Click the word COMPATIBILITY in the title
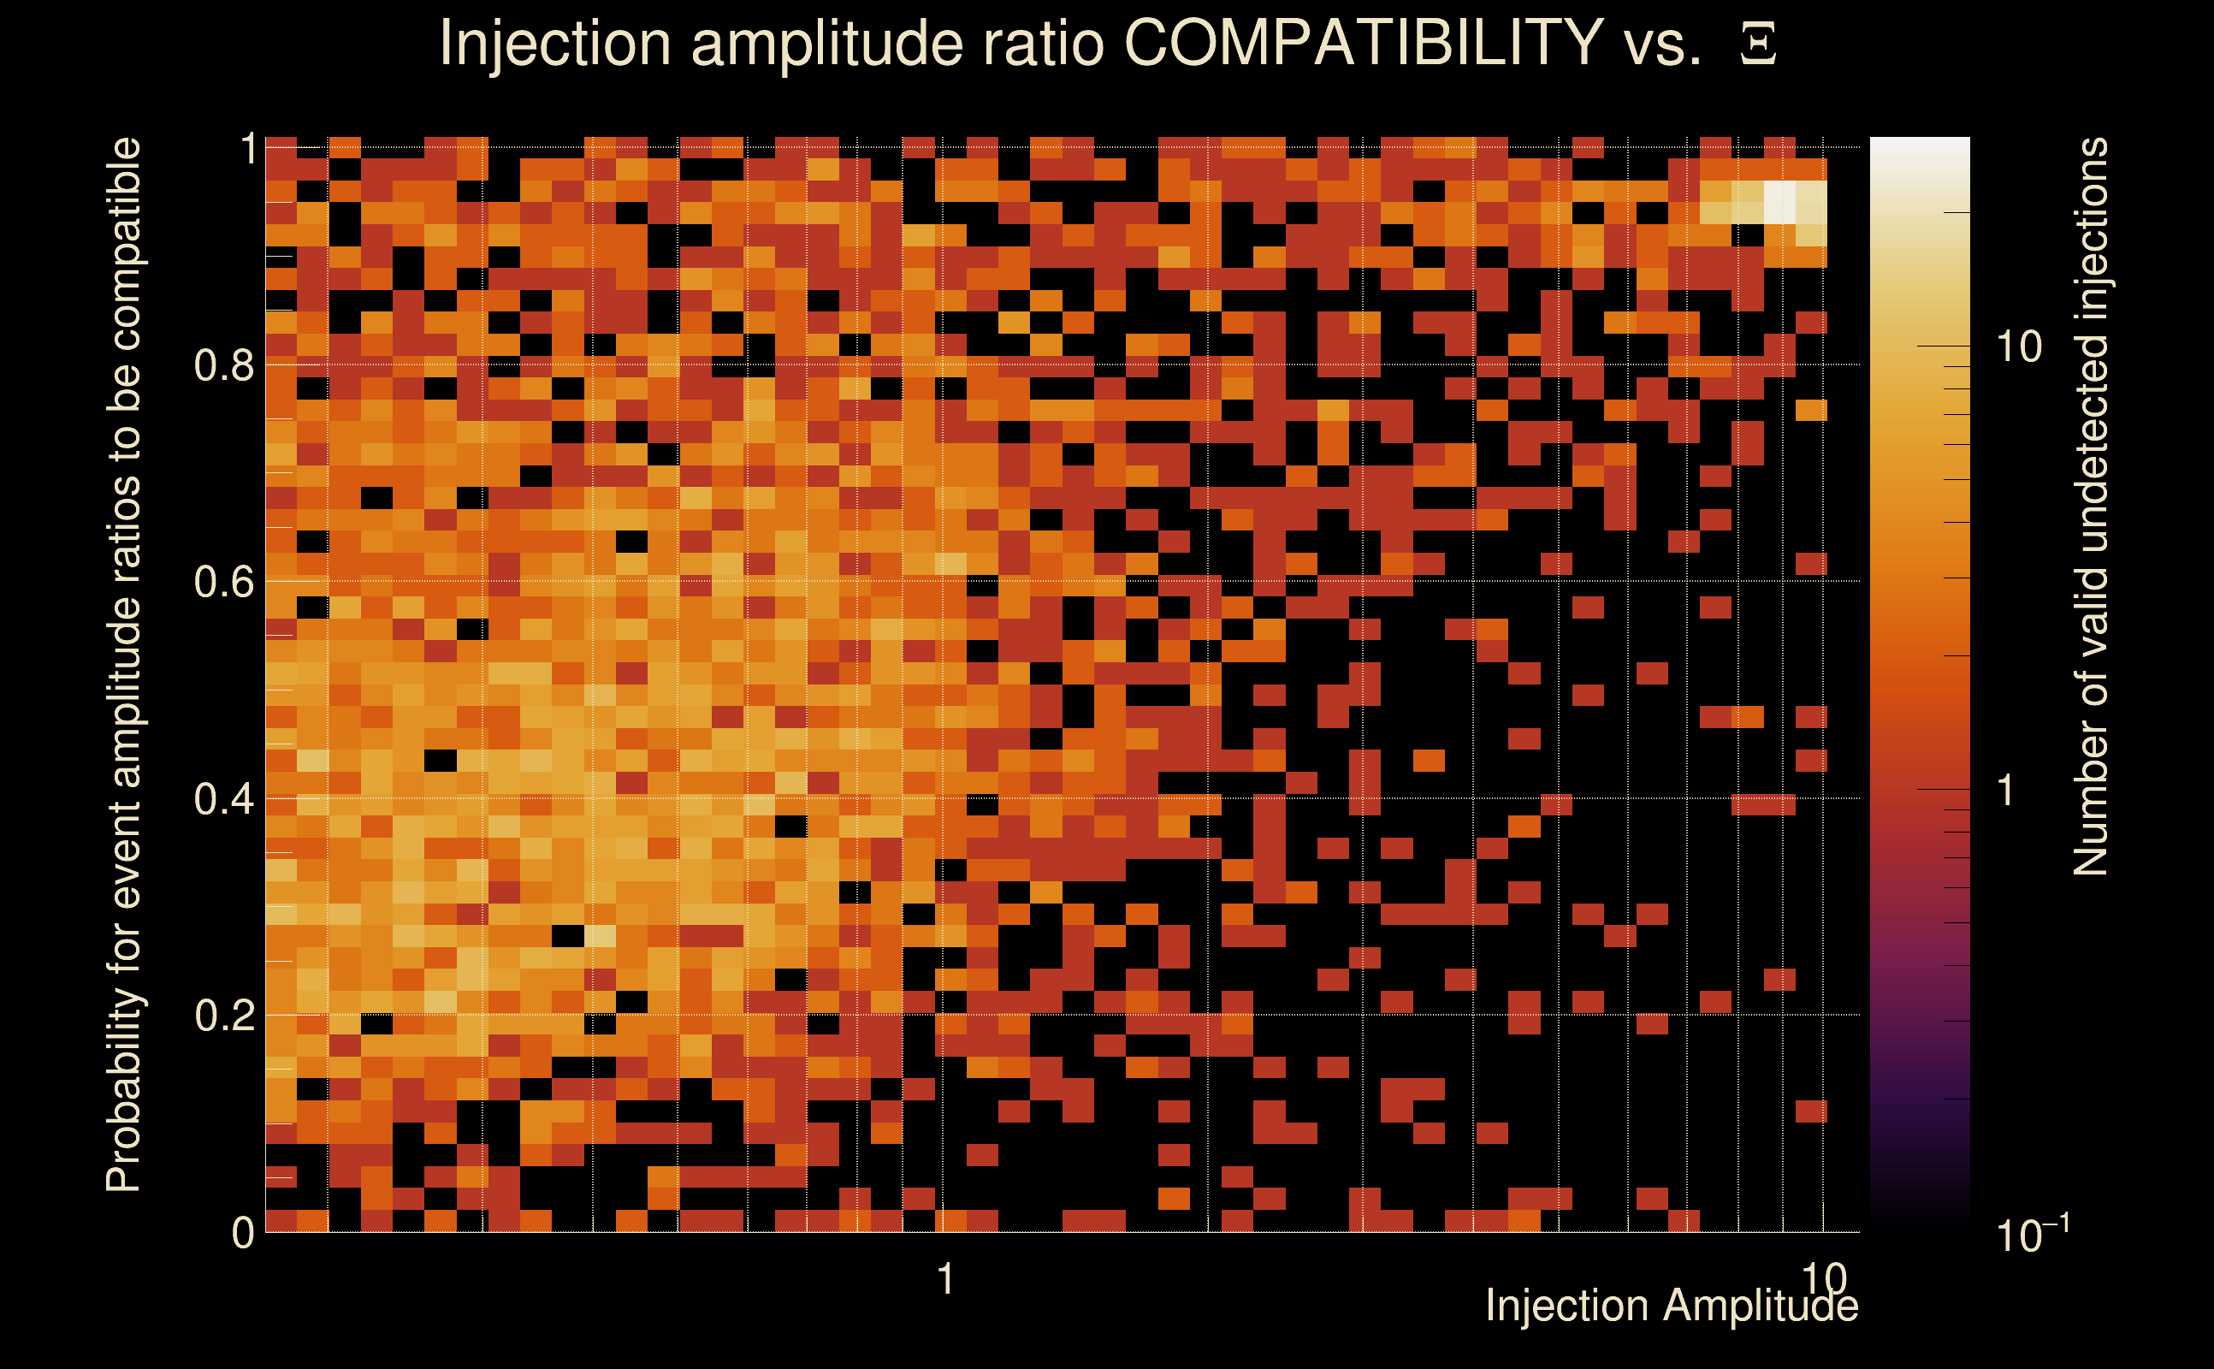(1363, 43)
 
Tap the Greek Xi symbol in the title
(1758, 44)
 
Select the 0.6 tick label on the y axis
(223, 581)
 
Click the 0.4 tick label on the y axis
(223, 798)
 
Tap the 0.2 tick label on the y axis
(223, 1015)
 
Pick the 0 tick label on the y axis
(243, 1232)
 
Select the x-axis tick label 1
(945, 1278)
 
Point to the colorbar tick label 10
(2018, 347)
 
